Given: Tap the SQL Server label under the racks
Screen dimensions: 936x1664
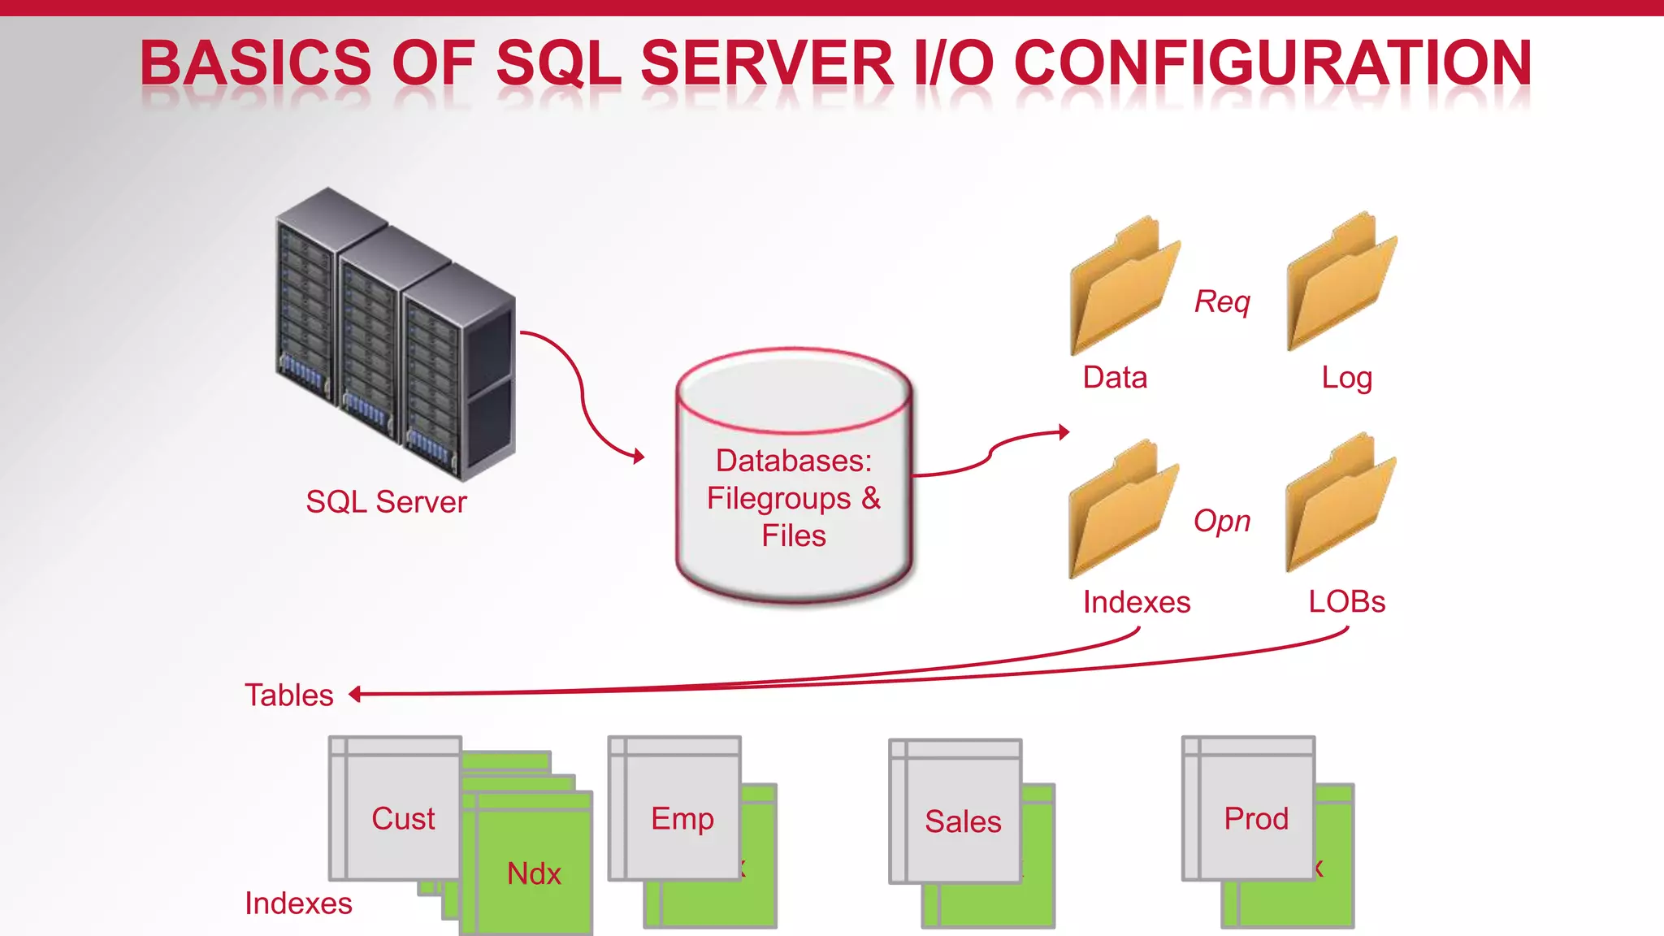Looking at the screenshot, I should [x=386, y=502].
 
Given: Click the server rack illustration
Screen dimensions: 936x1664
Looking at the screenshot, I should [x=396, y=333].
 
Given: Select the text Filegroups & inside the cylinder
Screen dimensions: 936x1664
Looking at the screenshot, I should [x=793, y=498].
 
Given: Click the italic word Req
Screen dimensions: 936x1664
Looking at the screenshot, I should [x=1222, y=301].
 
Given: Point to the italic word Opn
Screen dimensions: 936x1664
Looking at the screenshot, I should [x=1221, y=521].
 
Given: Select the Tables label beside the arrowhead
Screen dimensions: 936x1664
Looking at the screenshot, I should [x=289, y=695].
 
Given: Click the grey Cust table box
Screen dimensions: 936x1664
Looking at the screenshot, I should [x=396, y=809].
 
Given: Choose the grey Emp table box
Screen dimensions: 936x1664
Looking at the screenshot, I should [x=675, y=809].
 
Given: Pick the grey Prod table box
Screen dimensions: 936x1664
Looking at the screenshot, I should [x=1249, y=809].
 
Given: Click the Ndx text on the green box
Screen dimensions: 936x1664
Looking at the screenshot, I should [x=534, y=874].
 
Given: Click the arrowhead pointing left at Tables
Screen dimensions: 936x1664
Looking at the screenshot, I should [x=355, y=694].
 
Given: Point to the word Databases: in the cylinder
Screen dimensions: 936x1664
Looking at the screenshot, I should [x=793, y=461].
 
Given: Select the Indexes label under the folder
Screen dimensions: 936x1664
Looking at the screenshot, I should [x=1136, y=602].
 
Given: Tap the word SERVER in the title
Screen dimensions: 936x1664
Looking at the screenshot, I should [x=767, y=63].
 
